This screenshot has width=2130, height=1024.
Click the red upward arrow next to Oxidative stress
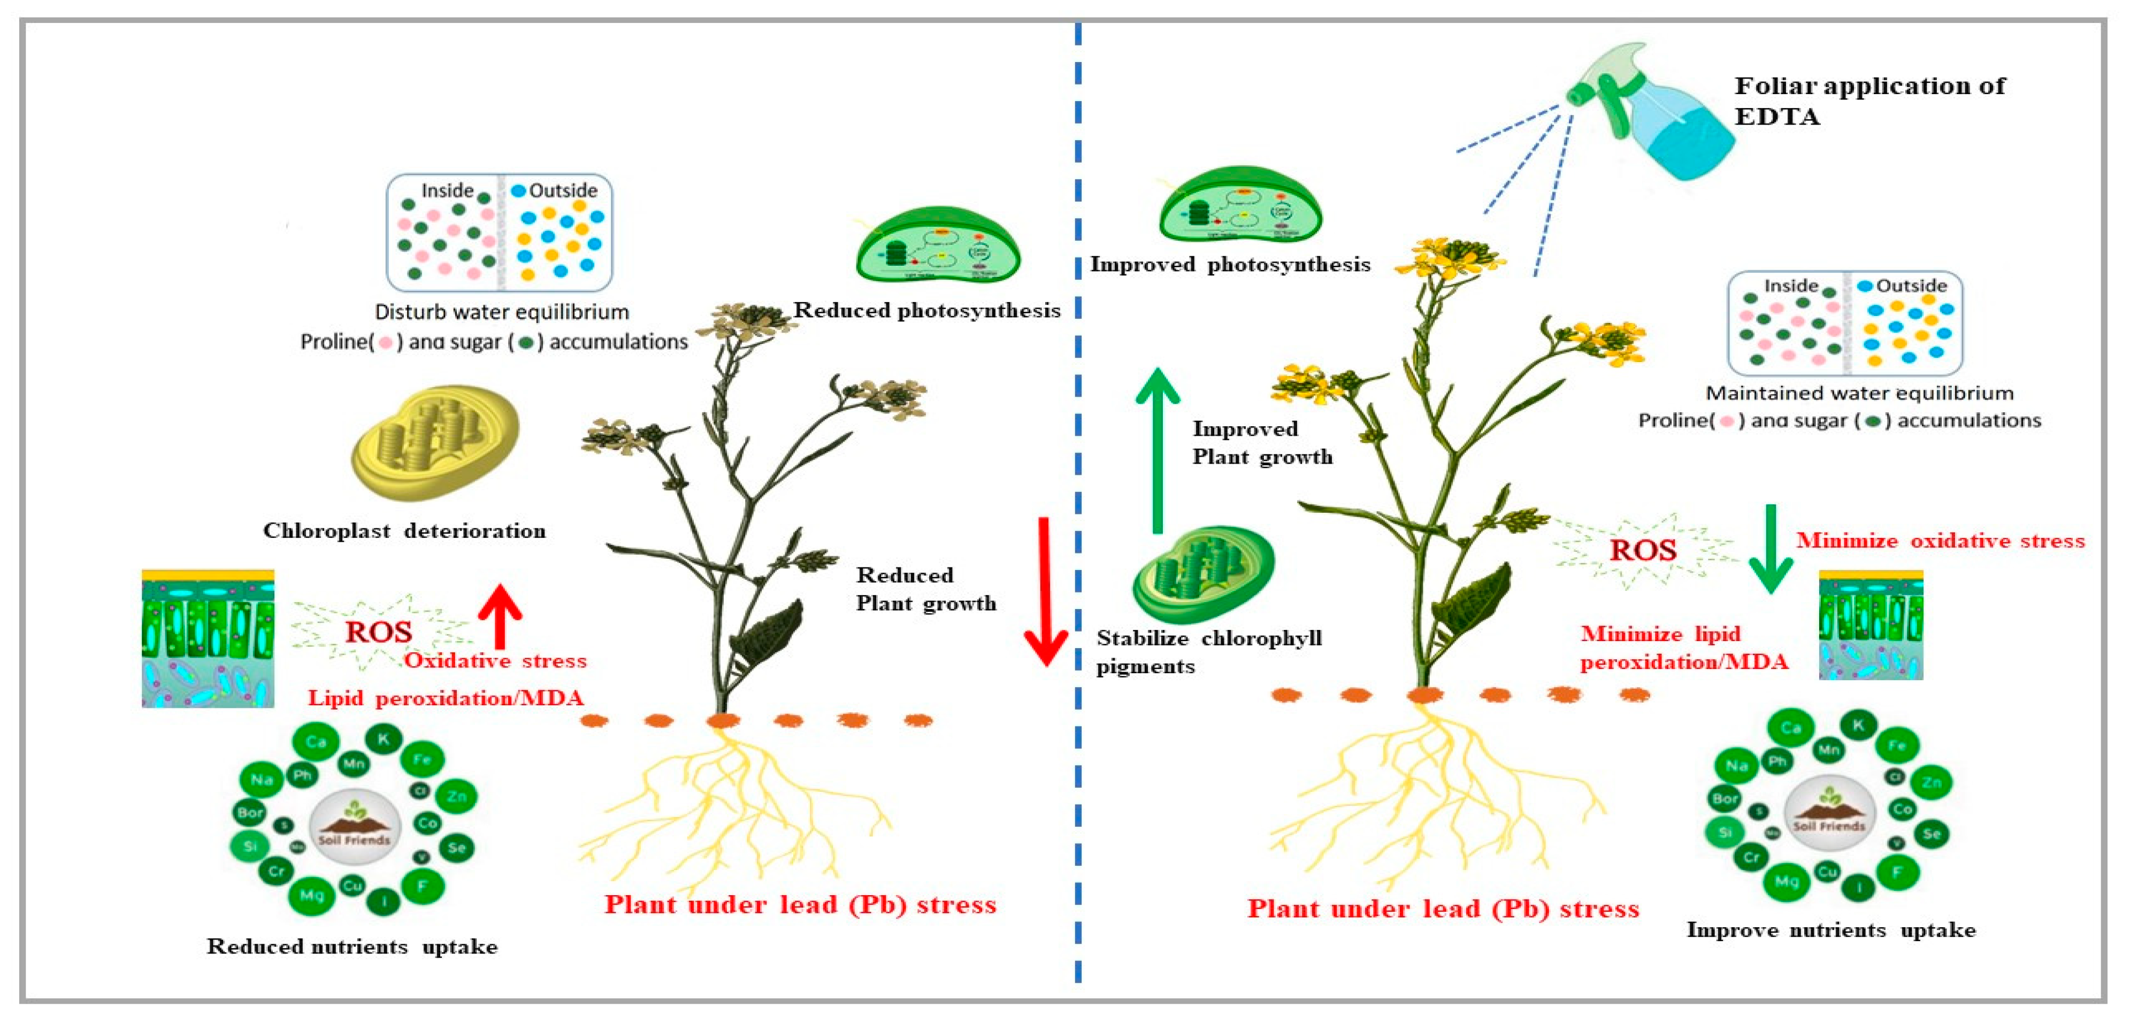coord(500,615)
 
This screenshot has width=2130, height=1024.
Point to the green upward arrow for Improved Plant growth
coord(1158,450)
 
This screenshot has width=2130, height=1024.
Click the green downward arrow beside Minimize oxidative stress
coord(1771,550)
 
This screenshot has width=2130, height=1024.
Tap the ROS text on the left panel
coord(379,632)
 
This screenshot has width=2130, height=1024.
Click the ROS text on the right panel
coord(1643,550)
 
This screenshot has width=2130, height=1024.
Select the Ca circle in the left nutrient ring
coord(316,741)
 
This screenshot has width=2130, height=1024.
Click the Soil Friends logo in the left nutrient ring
coord(355,827)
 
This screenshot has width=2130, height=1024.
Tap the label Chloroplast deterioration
coord(404,530)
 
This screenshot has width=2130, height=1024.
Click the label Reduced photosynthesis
coord(927,310)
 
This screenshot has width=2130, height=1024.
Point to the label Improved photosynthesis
coord(1230,265)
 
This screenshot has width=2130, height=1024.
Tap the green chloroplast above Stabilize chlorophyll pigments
coord(1203,574)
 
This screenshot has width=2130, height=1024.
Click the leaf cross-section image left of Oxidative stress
coord(208,638)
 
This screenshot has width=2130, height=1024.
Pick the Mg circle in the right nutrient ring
coord(1787,882)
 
